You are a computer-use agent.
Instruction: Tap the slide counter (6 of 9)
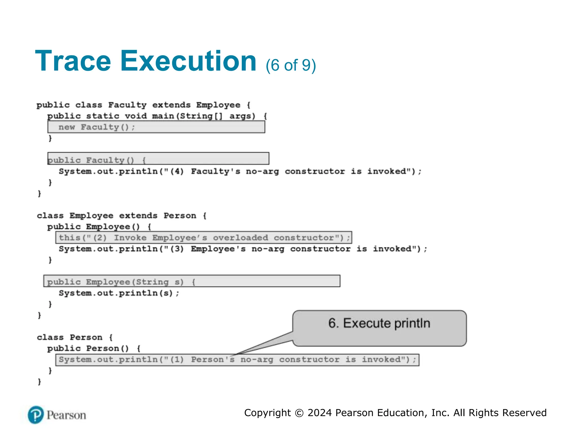290,65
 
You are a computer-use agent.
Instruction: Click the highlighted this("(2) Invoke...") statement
203,238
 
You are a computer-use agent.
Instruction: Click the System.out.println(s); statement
119,293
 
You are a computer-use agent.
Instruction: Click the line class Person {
75,337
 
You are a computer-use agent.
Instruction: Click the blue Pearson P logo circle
36,415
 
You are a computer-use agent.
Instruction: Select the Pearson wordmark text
66,415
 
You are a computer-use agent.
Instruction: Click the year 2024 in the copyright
319,413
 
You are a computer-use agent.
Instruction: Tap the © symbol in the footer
299,413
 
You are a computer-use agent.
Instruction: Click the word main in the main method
163,116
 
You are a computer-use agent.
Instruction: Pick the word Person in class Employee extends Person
180,216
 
